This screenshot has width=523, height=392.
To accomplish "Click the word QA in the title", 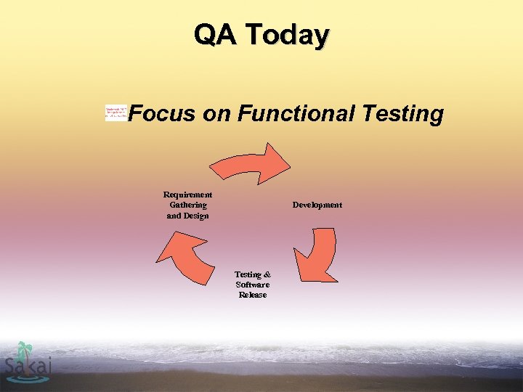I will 216,34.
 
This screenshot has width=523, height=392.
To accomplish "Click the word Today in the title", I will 287,36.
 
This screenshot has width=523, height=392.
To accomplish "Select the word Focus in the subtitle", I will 163,114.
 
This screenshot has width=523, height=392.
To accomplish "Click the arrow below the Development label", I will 317,253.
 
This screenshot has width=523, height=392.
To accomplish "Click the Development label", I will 317,205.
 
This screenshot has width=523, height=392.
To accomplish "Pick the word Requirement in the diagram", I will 187,195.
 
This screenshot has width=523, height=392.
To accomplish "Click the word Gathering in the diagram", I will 187,205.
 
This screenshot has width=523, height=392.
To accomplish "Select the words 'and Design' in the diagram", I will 187,216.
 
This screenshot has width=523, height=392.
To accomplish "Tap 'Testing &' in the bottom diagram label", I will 253,274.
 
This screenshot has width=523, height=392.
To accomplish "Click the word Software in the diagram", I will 253,285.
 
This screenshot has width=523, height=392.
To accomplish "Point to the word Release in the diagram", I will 253,295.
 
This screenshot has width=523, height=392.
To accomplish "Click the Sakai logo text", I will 28,367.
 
